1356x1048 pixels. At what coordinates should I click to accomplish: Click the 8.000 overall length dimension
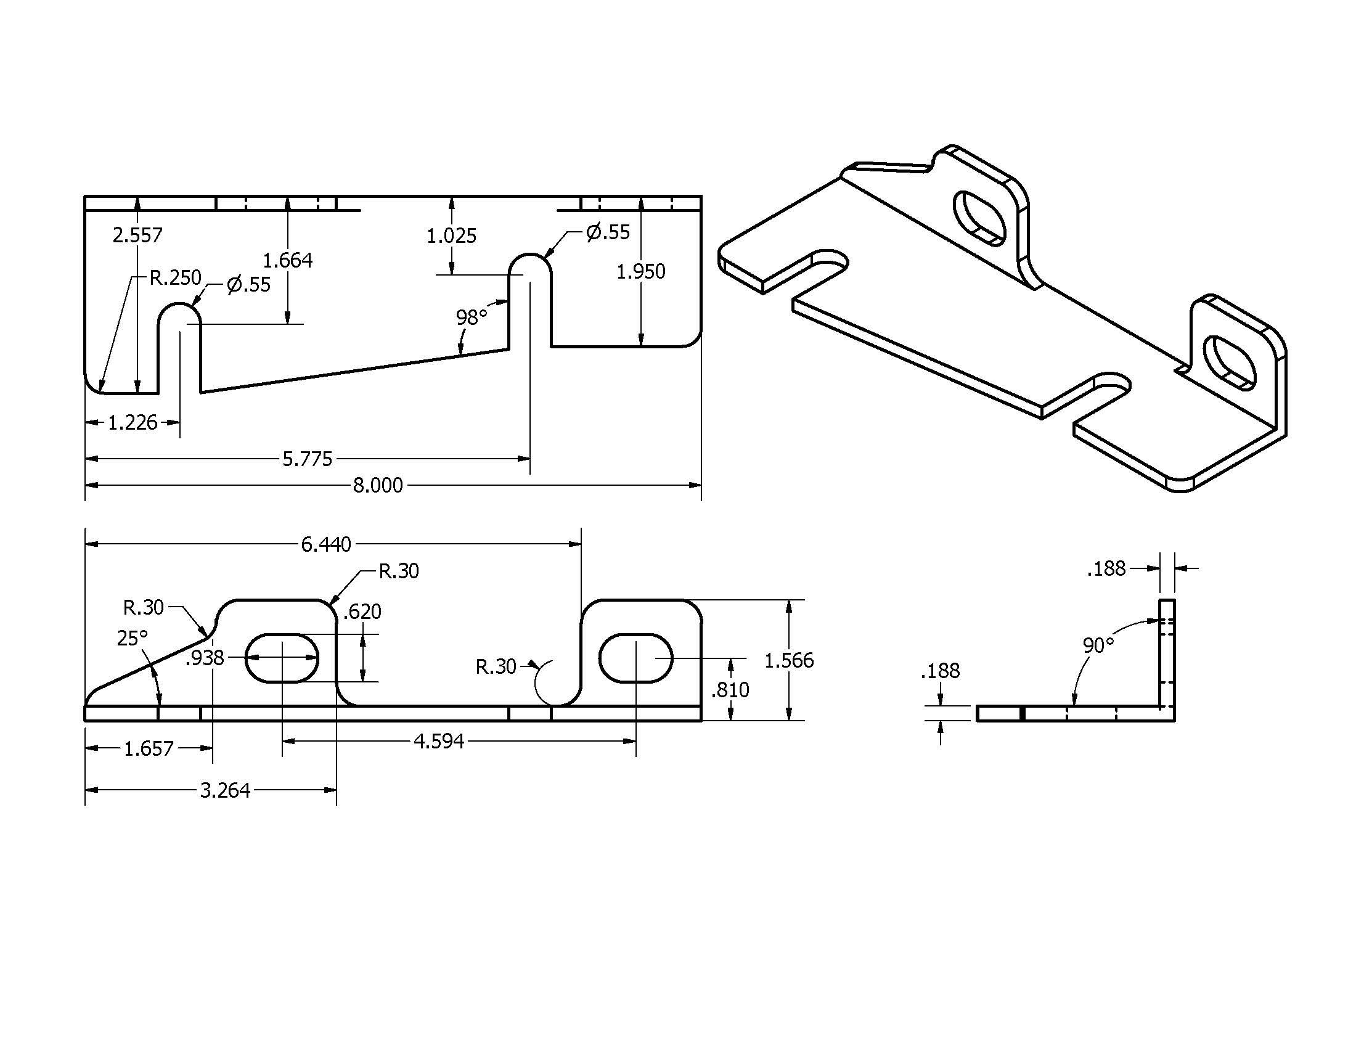[x=377, y=485]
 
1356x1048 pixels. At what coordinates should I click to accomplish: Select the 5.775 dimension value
[x=308, y=459]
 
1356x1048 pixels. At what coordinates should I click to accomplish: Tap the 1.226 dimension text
[x=133, y=423]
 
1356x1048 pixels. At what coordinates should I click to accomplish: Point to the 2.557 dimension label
[x=137, y=235]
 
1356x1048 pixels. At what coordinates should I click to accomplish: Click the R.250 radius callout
[x=175, y=277]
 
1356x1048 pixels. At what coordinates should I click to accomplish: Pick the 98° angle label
[x=472, y=318]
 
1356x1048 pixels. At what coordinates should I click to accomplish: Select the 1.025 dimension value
[x=451, y=236]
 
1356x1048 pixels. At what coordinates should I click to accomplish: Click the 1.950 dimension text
[x=641, y=271]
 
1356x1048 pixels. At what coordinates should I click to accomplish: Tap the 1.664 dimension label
[x=287, y=260]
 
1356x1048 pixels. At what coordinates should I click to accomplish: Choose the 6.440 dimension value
[x=326, y=544]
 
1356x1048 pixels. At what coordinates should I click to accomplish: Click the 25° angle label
[x=133, y=638]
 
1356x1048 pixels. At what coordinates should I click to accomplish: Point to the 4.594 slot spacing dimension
[x=439, y=741]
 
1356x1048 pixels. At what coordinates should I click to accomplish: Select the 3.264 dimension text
[x=225, y=790]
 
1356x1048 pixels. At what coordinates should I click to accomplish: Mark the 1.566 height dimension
[x=788, y=661]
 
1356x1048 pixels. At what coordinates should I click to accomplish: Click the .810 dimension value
[x=730, y=690]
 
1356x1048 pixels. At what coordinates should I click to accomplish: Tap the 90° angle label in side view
[x=1098, y=645]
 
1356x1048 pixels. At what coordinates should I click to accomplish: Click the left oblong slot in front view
[x=282, y=658]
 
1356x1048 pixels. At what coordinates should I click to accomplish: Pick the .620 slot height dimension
[x=362, y=612]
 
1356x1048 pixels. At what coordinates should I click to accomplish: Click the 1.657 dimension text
[x=149, y=749]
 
